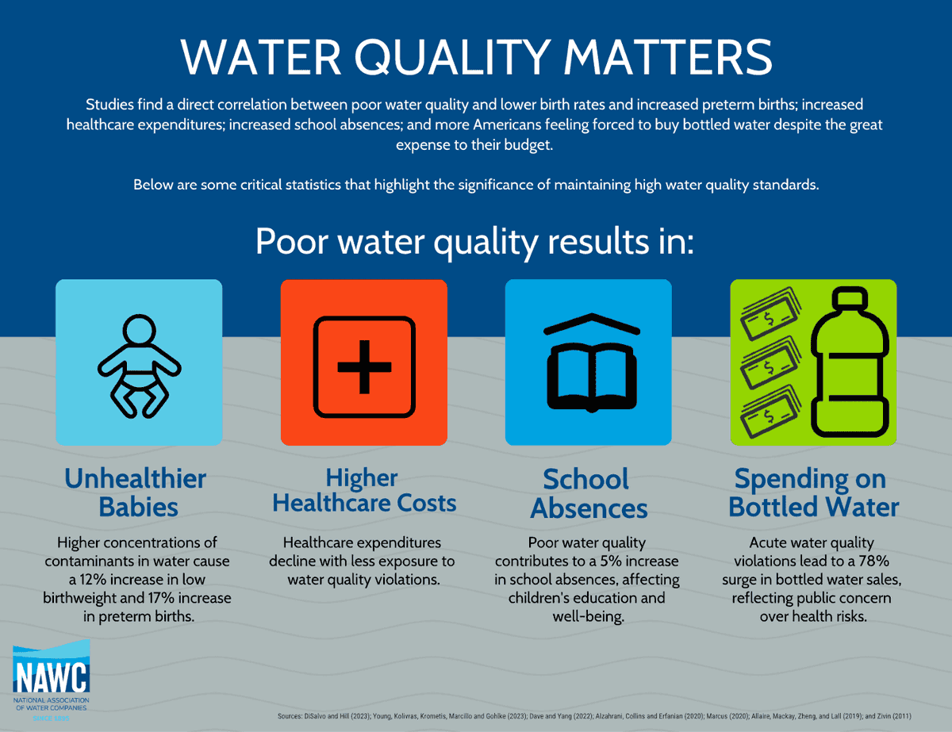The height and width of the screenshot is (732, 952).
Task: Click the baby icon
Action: click(x=139, y=366)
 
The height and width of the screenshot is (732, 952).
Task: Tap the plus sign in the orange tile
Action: click(x=364, y=366)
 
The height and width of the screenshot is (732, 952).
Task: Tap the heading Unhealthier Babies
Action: click(x=135, y=492)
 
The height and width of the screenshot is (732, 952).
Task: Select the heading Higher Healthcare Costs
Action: click(x=364, y=490)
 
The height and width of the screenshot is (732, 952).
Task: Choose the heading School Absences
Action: click(x=588, y=492)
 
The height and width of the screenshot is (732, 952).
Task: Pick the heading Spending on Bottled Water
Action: click(x=814, y=492)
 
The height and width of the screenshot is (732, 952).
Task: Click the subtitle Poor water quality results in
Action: click(x=475, y=241)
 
